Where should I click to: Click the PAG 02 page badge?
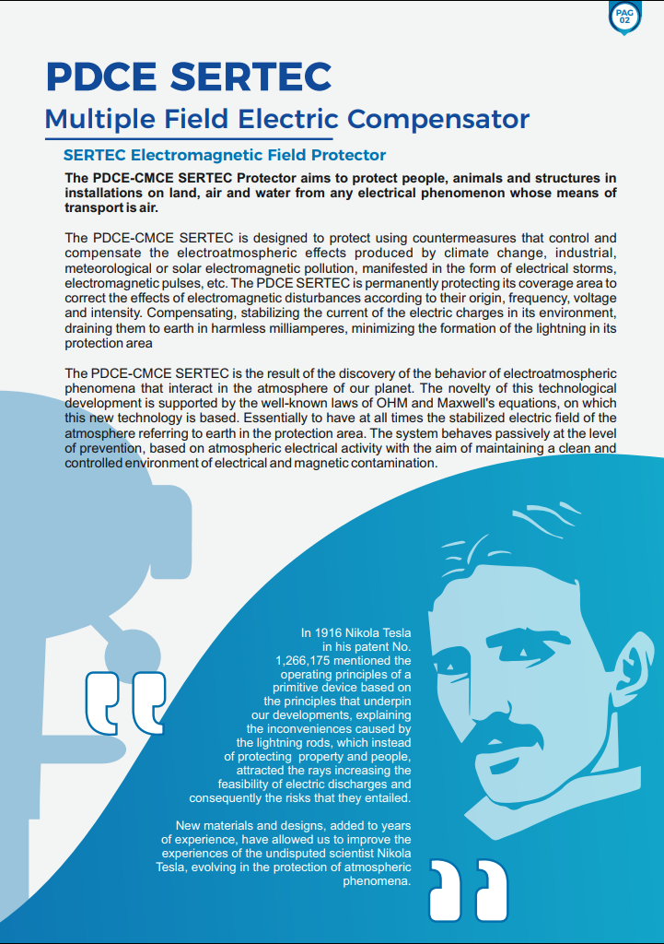(x=624, y=17)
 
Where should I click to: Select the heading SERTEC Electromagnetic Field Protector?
(x=224, y=155)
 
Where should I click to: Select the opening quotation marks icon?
(x=126, y=702)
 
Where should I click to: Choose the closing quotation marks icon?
(x=469, y=890)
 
